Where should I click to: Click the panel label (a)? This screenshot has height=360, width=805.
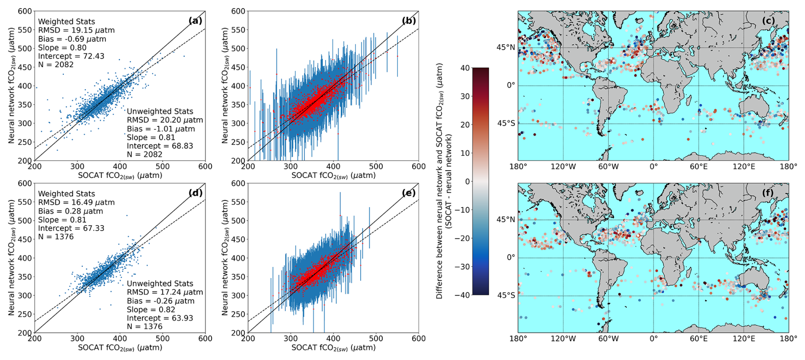[195, 20]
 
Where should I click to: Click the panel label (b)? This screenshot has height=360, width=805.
[409, 20]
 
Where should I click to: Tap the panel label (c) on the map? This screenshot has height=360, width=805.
[768, 20]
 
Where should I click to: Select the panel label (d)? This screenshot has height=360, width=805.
[195, 193]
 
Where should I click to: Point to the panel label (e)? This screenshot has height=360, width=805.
[409, 193]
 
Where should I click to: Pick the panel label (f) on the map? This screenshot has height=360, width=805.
[768, 193]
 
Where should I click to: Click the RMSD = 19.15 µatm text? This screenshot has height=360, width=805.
[76, 30]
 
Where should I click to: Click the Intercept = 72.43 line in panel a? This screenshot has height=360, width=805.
[71, 56]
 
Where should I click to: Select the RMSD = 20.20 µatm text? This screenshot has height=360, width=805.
[165, 120]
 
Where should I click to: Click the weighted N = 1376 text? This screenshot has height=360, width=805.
[56, 237]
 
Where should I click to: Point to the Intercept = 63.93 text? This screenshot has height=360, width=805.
[160, 318]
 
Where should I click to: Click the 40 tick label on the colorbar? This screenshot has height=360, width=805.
[465, 68]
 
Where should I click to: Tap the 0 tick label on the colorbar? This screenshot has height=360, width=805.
[467, 181]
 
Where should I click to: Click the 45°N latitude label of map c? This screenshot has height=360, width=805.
[505, 47]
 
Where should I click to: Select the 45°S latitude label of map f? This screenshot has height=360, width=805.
[506, 295]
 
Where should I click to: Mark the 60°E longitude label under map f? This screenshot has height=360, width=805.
[699, 339]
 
